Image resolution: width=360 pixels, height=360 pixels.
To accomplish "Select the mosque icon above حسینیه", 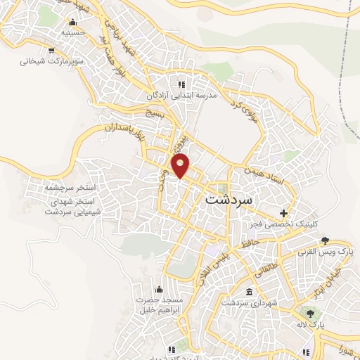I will tap(74, 22).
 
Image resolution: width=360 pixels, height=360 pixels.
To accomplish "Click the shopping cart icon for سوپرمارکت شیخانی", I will tap(51, 50).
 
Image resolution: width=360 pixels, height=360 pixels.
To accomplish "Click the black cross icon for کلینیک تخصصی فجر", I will tap(283, 213).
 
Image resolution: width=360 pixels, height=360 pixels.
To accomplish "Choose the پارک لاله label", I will tap(309, 324).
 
